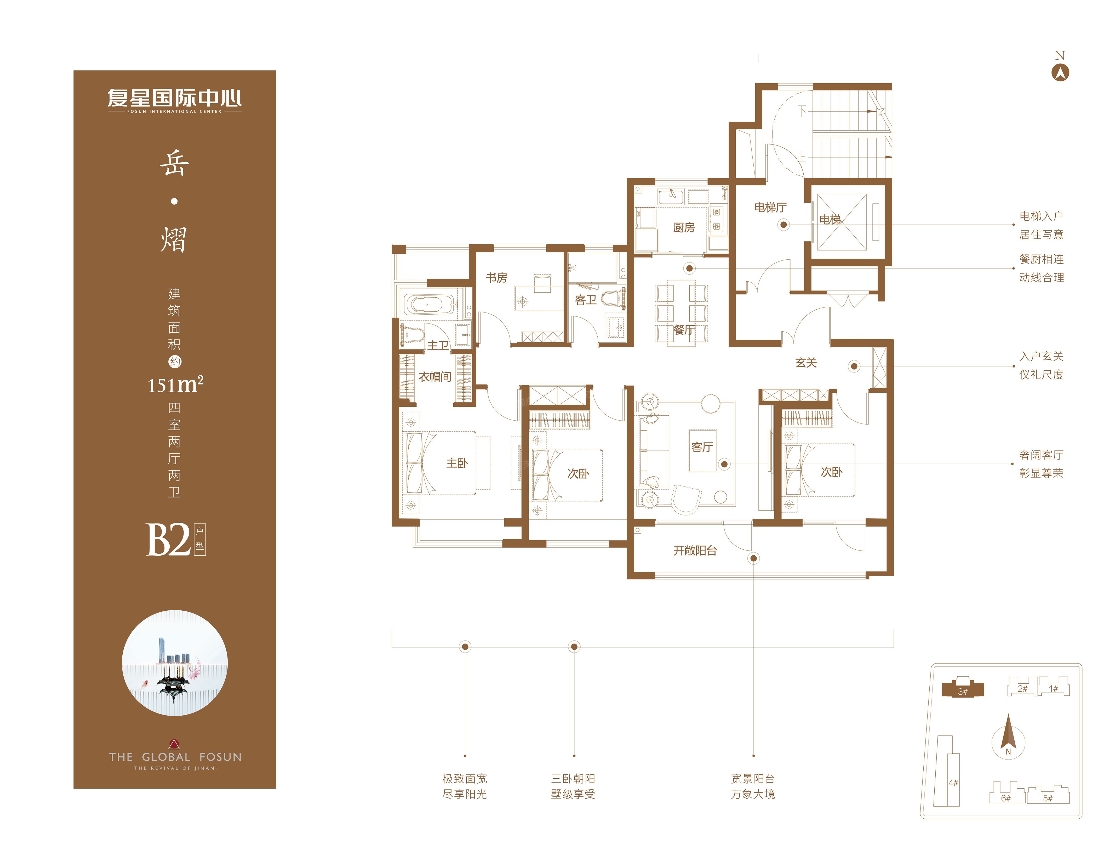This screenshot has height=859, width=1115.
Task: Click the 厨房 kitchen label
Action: click(684, 227)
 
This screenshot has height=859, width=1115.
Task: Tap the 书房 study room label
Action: click(496, 277)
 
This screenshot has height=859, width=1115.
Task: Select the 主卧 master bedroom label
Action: click(457, 463)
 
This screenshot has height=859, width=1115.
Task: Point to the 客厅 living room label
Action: click(702, 447)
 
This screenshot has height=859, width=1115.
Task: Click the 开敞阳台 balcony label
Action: click(695, 550)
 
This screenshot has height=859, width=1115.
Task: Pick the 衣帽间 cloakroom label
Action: click(435, 377)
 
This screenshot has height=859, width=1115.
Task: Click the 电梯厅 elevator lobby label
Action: click(770, 207)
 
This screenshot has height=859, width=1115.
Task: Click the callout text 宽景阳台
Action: click(753, 778)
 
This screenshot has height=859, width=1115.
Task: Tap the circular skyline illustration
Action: click(175, 663)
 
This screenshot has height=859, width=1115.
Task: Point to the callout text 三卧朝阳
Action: click(573, 778)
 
